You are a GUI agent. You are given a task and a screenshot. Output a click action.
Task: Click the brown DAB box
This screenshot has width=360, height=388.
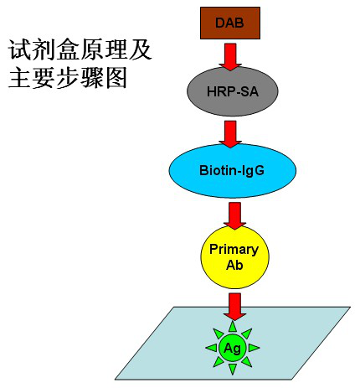(230, 23)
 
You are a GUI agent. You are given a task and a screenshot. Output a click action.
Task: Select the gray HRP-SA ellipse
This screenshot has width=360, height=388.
(232, 91)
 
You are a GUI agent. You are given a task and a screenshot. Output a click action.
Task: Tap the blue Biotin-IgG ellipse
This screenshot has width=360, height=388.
(232, 171)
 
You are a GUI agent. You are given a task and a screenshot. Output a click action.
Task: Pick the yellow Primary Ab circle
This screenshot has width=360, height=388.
(235, 257)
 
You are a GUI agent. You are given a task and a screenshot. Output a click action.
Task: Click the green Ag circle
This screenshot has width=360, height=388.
(233, 348)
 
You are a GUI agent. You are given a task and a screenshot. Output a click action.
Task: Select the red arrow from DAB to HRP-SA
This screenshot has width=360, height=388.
(230, 56)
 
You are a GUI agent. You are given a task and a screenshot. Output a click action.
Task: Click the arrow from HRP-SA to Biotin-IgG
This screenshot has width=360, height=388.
(230, 134)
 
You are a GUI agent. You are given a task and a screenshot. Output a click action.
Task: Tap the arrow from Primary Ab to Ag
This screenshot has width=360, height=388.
(234, 307)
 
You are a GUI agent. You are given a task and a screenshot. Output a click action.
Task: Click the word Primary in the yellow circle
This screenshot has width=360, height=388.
(234, 250)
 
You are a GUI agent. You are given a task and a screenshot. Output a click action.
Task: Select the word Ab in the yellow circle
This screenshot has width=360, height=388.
(234, 265)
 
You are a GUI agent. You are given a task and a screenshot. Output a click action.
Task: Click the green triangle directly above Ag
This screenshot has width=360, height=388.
(233, 327)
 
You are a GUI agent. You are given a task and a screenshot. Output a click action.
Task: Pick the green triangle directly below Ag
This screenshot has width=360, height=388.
(233, 370)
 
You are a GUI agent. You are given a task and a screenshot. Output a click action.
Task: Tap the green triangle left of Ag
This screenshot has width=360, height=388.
(211, 348)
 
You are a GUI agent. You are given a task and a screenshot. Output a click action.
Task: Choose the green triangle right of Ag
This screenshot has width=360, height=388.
(254, 348)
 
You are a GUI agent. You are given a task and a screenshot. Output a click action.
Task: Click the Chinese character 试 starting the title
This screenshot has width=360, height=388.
(20, 50)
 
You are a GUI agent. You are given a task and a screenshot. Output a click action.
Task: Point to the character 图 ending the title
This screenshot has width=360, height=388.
(116, 77)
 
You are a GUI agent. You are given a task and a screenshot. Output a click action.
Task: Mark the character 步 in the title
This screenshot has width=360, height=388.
(68, 77)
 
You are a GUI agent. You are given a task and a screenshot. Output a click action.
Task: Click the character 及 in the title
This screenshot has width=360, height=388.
(141, 50)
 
